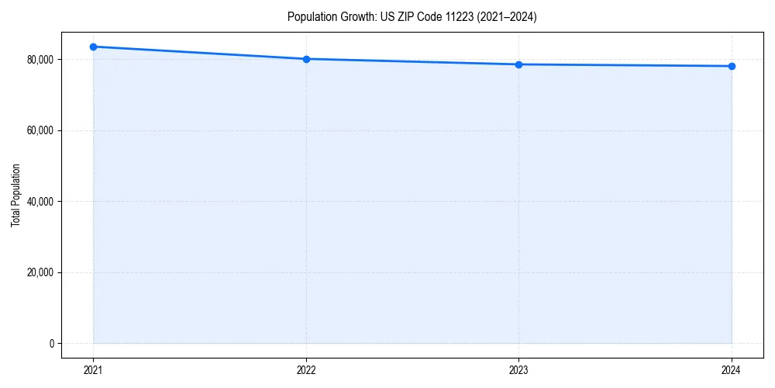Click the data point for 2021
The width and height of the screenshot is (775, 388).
(93, 47)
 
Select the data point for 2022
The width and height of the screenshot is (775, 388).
(306, 59)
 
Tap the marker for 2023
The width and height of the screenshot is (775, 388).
(518, 64)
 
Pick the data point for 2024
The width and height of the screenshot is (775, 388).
(732, 66)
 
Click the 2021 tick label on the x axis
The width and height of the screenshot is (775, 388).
(93, 370)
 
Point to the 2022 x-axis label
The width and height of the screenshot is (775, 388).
(306, 370)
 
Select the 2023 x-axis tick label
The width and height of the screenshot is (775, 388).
(518, 370)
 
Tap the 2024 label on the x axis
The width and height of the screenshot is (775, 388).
(732, 370)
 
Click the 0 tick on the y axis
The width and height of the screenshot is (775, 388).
(51, 344)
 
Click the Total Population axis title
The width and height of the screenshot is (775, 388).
(15, 195)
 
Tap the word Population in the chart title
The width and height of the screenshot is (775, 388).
(308, 17)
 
